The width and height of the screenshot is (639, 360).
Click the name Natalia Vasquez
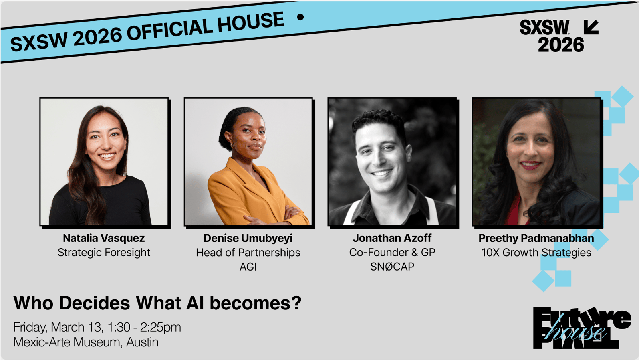pos(103,238)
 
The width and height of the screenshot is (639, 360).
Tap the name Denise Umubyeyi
pos(248,238)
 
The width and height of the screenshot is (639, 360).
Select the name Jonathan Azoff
pos(392,238)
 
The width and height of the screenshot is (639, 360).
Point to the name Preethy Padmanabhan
pos(536,238)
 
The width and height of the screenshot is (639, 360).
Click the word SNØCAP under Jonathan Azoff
pos(392,267)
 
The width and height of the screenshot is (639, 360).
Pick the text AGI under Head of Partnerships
pos(248,267)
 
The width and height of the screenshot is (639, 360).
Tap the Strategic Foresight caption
pos(103,253)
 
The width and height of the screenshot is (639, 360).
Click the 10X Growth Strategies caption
pos(536,253)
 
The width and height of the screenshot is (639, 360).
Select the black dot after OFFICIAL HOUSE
pos(300,17)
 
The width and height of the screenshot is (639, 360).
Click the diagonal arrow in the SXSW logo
pos(591,27)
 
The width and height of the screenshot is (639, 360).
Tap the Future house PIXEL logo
pos(582,328)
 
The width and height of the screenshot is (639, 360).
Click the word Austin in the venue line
pos(142,342)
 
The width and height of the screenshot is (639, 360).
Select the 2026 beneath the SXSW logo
pos(561,45)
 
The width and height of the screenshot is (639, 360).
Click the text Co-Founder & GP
pos(392,253)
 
